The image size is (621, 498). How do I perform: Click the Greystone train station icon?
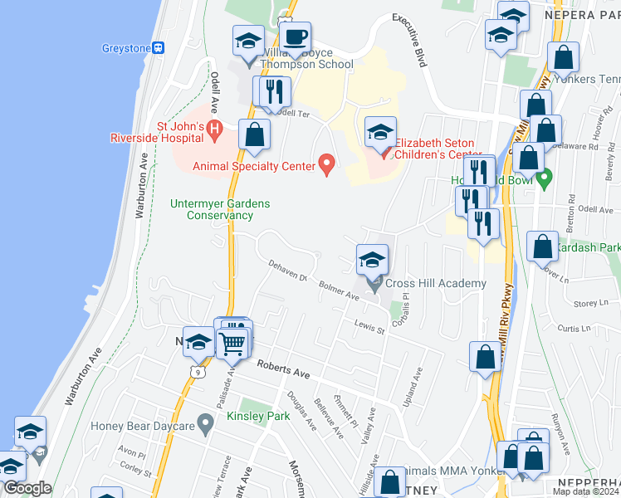158,47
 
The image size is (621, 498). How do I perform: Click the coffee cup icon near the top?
295,37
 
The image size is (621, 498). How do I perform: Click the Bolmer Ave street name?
339,290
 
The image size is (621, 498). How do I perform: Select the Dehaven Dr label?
287,270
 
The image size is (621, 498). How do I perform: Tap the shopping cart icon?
233,343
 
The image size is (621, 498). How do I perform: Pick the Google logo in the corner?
27,488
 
